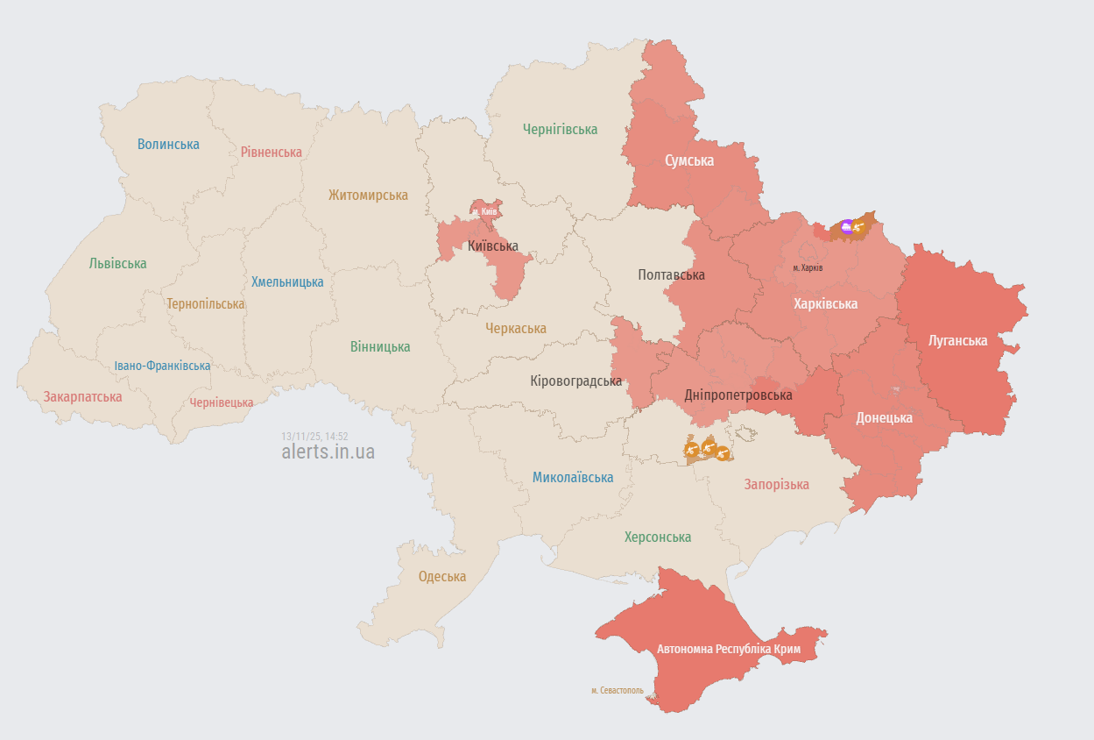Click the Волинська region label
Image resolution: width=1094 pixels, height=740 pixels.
pos(168,144)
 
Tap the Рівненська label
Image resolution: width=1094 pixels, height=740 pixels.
pos(272,152)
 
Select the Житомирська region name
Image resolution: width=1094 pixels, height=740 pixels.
pos(368,195)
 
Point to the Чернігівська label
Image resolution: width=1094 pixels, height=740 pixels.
pos(560,129)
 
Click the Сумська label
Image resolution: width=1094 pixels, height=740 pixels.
pos(689,160)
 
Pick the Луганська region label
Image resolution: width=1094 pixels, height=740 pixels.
pos(957,340)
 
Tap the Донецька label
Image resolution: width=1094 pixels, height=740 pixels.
pos(884,417)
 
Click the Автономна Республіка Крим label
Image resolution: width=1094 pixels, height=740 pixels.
pos(729,649)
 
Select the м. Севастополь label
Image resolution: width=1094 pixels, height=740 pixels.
pos(617,691)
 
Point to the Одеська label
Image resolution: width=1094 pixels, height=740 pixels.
pos(442,576)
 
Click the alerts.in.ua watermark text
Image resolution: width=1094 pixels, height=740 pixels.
pos(328,452)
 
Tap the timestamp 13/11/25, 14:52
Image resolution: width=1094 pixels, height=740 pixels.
pos(314,436)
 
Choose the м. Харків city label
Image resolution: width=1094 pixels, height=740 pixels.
pos(808,267)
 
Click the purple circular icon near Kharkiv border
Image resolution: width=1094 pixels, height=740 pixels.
pos(846,226)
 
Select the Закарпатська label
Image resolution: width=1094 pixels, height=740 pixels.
pos(83,396)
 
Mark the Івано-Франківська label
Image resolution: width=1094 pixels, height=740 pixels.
pos(162,366)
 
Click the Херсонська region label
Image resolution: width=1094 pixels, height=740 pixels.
pos(658,537)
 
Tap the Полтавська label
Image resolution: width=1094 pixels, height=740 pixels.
pos(671,274)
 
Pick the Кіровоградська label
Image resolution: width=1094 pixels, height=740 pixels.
pos(576,381)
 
